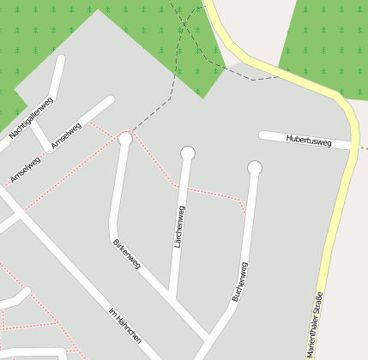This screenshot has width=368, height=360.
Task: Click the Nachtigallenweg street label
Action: point(32,118)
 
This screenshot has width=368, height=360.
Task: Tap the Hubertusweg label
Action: point(309,141)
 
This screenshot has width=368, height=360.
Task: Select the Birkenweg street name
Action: point(126,254)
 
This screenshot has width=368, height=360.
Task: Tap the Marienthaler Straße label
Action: point(316,325)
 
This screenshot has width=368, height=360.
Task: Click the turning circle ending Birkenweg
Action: point(125,138)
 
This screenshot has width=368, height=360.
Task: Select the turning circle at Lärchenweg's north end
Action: point(188,153)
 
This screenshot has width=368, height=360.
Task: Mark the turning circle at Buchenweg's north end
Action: point(255,167)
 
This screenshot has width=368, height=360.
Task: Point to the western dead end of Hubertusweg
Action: point(262,135)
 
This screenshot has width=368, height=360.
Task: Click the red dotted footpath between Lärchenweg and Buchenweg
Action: point(214,193)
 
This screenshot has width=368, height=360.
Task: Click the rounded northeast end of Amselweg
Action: point(109,99)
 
